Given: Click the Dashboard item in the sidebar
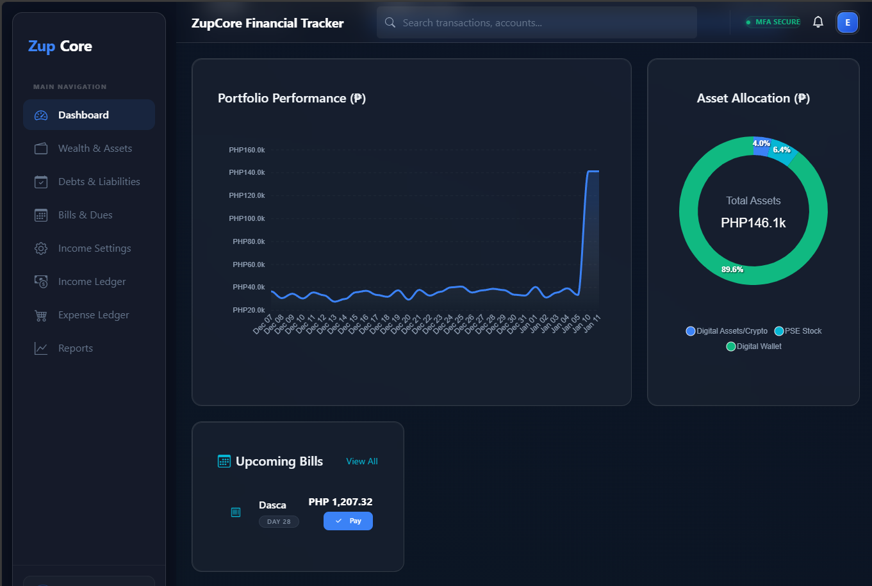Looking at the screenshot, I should pos(83,115).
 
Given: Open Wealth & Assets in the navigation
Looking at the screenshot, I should pos(95,149).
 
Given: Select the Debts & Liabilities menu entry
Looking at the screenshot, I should pos(99,182).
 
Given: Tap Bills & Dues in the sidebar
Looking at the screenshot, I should pos(85,215).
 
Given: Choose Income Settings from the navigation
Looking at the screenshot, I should pos(94,248).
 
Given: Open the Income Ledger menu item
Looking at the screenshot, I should pos(92,282).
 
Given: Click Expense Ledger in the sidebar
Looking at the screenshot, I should pos(94,315).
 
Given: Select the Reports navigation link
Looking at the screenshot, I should pos(76,348).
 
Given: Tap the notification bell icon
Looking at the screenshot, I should pos(818,22).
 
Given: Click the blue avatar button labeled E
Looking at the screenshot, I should pos(847,22).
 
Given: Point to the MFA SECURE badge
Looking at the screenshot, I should pos(773,22).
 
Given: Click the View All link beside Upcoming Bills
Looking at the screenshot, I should pos(362,462).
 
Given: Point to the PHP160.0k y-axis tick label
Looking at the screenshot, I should pos(247,150).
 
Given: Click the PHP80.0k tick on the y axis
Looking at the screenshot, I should pos(249,241).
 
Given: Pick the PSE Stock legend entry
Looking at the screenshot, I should pos(798,331).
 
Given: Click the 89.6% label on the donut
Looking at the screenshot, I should pos(732,270).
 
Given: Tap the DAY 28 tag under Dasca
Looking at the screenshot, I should pos(279,522).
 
